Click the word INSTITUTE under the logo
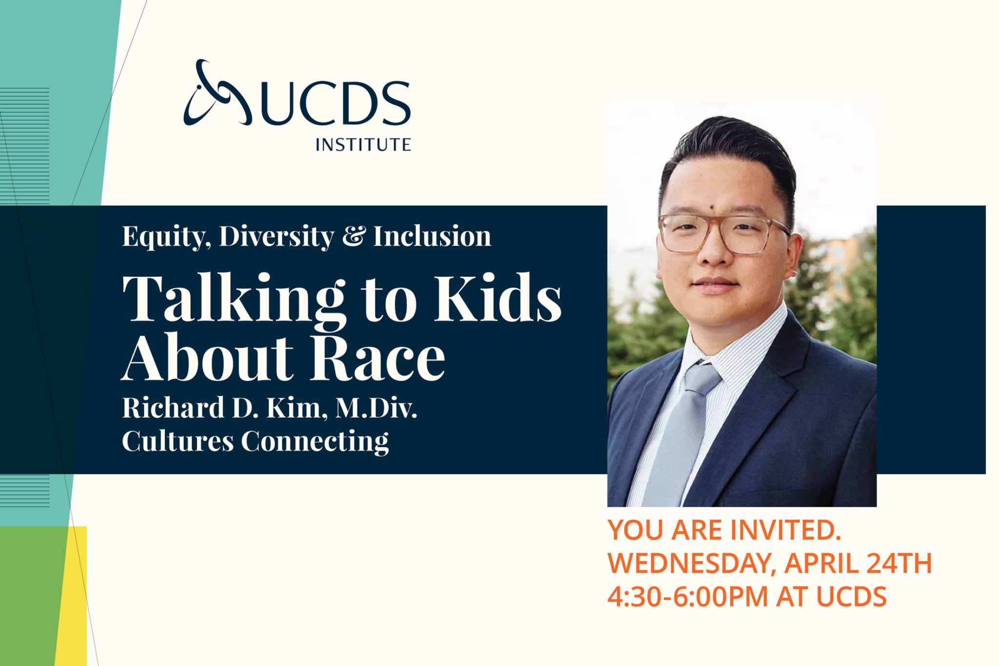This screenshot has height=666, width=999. [x=363, y=145]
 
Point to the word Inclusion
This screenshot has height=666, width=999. [x=432, y=236]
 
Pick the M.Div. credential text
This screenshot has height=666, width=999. [x=376, y=408]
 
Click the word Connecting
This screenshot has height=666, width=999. [x=315, y=441]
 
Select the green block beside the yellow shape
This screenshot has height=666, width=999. [x=29, y=595]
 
